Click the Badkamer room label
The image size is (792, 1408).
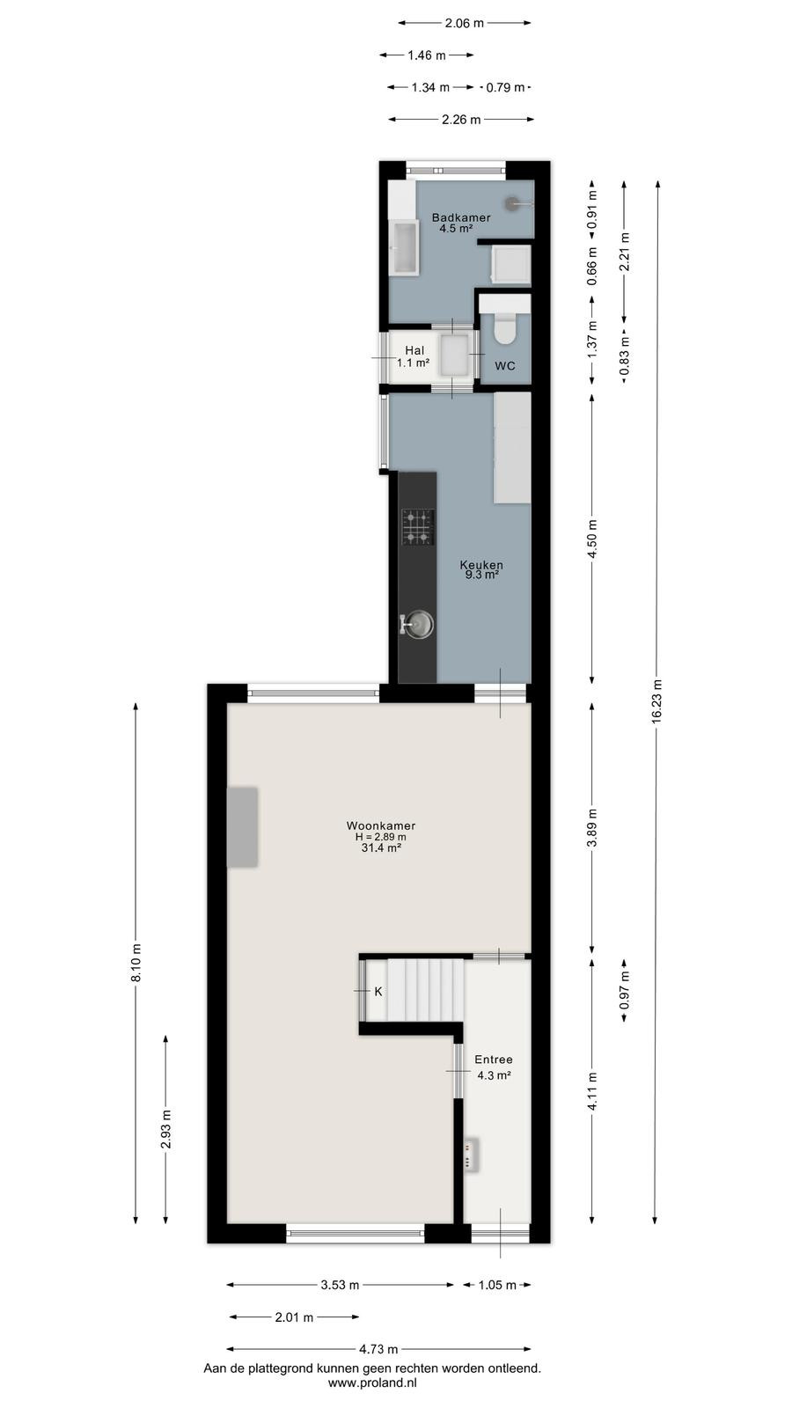pyautogui.click(x=461, y=217)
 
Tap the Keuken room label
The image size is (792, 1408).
pyautogui.click(x=480, y=564)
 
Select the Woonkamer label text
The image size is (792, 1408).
pyautogui.click(x=381, y=826)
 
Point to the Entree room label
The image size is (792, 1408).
pyautogui.click(x=494, y=1060)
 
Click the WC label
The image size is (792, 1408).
pyautogui.click(x=505, y=366)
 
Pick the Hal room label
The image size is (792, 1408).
pyautogui.click(x=414, y=350)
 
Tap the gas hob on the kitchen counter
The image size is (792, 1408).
pyautogui.click(x=418, y=527)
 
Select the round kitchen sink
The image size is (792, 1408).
pyautogui.click(x=418, y=625)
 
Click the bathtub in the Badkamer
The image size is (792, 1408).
pyautogui.click(x=404, y=247)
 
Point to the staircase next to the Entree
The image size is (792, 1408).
pyautogui.click(x=425, y=990)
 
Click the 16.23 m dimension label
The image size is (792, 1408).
pyautogui.click(x=656, y=701)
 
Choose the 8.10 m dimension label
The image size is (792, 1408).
pyautogui.click(x=136, y=963)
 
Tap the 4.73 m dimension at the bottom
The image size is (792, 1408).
pyautogui.click(x=378, y=1349)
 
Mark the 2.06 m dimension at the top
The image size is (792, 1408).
pyautogui.click(x=465, y=23)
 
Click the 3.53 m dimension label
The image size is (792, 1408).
pyautogui.click(x=340, y=1285)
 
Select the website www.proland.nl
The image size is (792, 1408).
pyautogui.click(x=372, y=1382)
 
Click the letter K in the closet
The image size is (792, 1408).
pyautogui.click(x=378, y=991)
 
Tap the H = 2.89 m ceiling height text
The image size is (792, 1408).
pyautogui.click(x=381, y=837)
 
